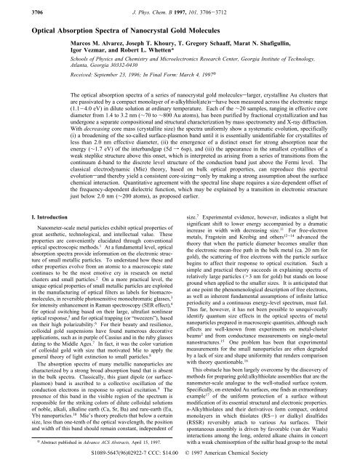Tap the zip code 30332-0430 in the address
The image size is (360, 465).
127,70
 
